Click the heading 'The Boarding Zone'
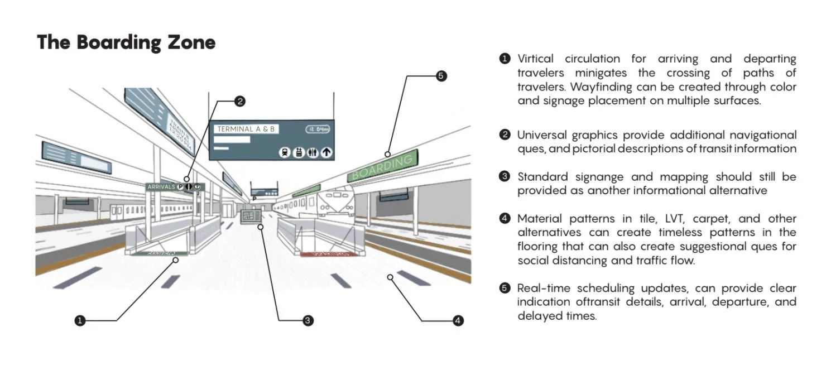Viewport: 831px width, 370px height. [126, 42]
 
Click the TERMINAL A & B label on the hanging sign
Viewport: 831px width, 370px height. [246, 129]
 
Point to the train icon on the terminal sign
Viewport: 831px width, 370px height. [285, 152]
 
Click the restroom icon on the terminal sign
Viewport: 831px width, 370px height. [313, 152]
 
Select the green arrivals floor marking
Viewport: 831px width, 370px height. [157, 253]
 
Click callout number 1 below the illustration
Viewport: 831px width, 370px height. [80, 320]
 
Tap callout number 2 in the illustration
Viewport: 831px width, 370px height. [239, 101]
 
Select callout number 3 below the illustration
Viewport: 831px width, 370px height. [307, 320]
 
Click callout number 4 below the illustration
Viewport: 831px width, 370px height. [458, 320]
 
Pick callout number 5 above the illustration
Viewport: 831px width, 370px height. [441, 76]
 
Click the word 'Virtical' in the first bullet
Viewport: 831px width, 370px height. [535, 59]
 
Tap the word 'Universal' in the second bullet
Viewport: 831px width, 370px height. [540, 135]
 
